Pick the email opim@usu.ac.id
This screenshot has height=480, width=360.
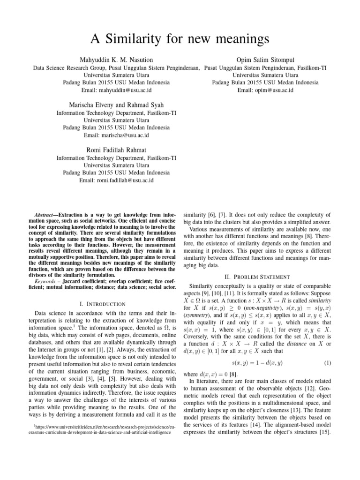[x=265, y=90]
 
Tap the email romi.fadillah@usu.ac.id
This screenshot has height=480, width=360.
[x=117, y=180]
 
